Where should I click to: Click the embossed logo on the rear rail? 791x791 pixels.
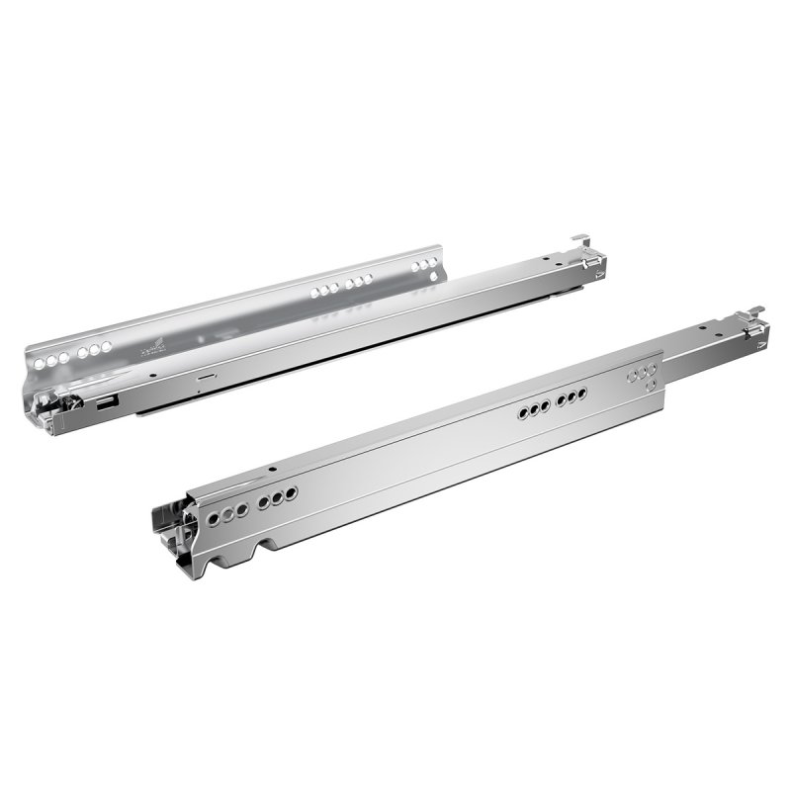coord(149,347)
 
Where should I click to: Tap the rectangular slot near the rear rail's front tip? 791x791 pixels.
coord(106,402)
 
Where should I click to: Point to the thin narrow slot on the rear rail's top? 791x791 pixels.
coord(204,377)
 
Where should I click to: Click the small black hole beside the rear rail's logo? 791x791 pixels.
coord(149,375)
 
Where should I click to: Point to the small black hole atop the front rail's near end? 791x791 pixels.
coord(270,469)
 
